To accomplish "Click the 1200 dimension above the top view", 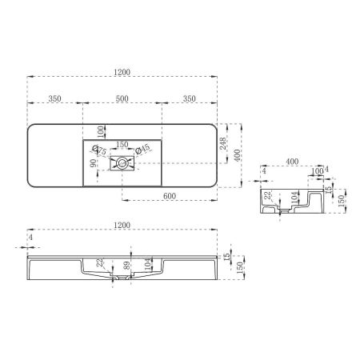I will click(122, 72).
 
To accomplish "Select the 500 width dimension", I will click(122, 98).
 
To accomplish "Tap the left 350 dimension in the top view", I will click(55, 98).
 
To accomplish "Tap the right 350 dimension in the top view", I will click(189, 98).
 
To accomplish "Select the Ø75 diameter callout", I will click(99, 150).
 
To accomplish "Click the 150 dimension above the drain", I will click(122, 145).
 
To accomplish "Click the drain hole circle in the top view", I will click(122, 164).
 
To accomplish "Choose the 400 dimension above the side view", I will click(293, 162).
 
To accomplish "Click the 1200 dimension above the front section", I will click(122, 227).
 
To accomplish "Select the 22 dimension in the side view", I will click(269, 194).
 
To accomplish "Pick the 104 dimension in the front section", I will click(146, 264).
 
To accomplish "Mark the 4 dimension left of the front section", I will click(30, 238).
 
